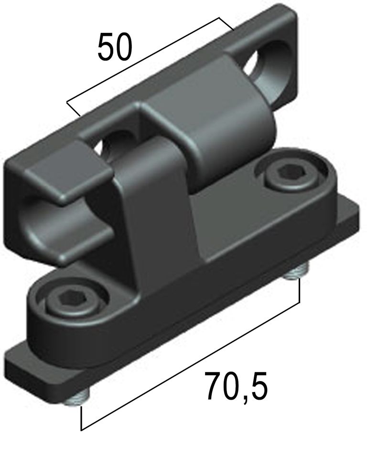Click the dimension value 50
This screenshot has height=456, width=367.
coord(115,47)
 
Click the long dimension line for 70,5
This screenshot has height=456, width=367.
coord(190,366)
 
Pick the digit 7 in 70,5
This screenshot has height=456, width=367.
coord(214,386)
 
